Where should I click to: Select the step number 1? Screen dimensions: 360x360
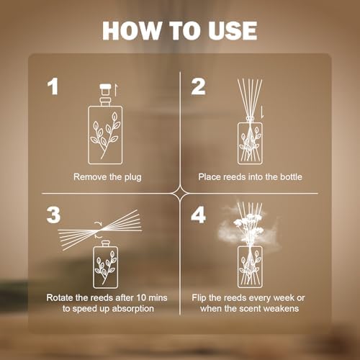pyautogui.click(x=53, y=86)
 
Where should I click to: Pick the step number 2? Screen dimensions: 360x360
pyautogui.click(x=198, y=86)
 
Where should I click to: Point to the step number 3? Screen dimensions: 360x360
pyautogui.click(x=53, y=215)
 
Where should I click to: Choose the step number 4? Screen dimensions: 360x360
pyautogui.click(x=199, y=215)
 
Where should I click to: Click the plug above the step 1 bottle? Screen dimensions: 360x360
pyautogui.click(x=105, y=89)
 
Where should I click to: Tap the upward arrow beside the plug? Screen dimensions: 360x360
pyautogui.click(x=115, y=90)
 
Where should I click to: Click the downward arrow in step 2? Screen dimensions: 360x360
pyautogui.click(x=262, y=112)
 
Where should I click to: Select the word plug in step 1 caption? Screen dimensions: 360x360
pyautogui.click(x=132, y=178)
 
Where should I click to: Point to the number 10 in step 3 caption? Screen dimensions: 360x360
pyautogui.click(x=141, y=298)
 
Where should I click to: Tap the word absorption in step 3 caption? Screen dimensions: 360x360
pyautogui.click(x=132, y=309)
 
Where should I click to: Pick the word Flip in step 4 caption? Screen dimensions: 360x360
pyautogui.click(x=199, y=298)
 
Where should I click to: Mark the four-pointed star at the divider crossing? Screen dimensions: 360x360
pyautogui.click(x=180, y=193)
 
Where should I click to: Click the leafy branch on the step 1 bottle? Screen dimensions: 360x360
pyautogui.click(x=105, y=135)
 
